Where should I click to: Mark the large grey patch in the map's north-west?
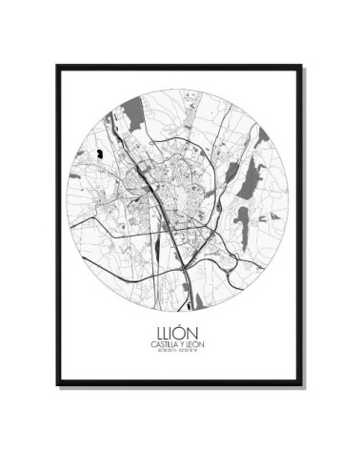[133, 118]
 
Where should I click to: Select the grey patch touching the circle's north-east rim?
[259, 138]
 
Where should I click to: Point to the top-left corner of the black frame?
[58, 67]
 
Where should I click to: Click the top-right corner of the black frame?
[302, 67]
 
